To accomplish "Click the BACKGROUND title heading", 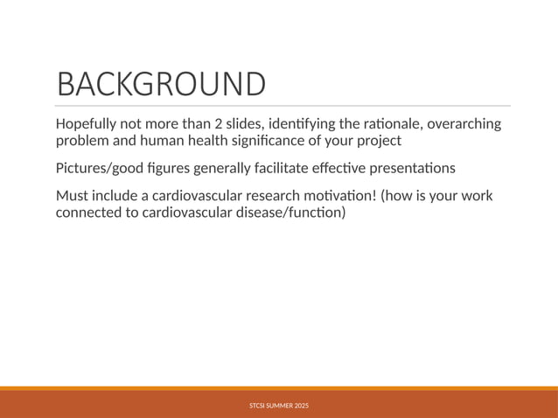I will [x=160, y=84].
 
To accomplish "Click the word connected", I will [x=90, y=212].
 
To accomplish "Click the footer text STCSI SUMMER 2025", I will [x=279, y=406].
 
